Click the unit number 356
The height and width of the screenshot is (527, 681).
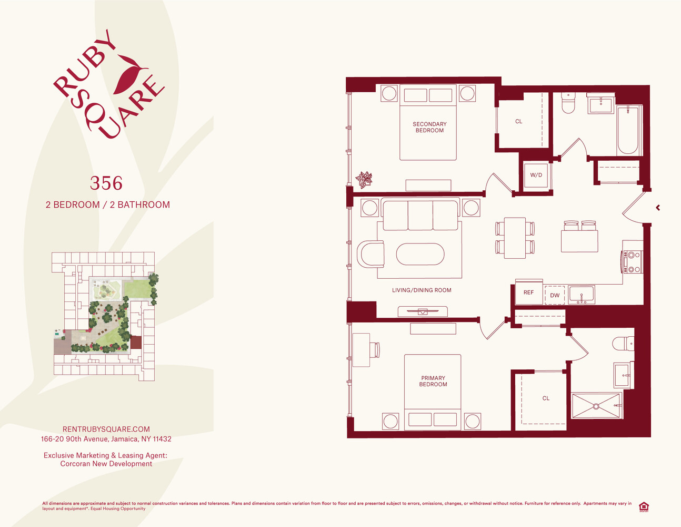(x=106, y=183)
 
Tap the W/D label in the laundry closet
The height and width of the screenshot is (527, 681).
(x=536, y=175)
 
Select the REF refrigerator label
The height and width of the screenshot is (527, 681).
(x=528, y=292)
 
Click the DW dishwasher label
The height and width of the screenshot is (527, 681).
(x=555, y=296)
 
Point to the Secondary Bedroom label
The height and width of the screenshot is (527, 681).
(x=429, y=128)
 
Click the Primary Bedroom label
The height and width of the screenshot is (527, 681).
(x=433, y=381)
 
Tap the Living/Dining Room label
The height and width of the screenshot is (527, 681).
(x=422, y=290)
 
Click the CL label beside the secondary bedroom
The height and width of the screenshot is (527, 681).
(x=519, y=122)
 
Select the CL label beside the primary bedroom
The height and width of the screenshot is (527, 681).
(x=546, y=398)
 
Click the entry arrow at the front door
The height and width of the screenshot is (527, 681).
(x=658, y=208)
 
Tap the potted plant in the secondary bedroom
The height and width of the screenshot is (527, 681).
(x=364, y=179)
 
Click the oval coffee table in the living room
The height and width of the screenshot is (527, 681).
(x=420, y=254)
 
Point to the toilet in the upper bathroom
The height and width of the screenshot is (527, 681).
(x=568, y=104)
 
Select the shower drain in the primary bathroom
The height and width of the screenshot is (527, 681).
(x=596, y=406)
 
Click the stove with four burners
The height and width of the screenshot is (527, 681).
(x=632, y=262)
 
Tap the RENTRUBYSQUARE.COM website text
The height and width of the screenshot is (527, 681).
(x=106, y=430)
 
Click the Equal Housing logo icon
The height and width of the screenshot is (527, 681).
(x=643, y=507)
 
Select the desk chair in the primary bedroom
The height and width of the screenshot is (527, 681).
(x=375, y=350)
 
